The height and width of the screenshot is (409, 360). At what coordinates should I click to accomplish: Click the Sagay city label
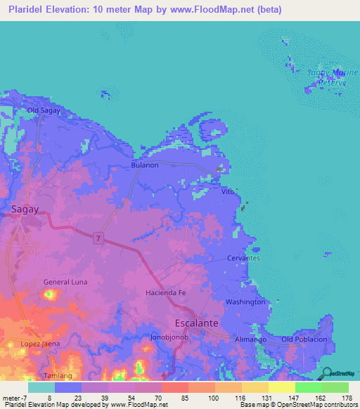26,208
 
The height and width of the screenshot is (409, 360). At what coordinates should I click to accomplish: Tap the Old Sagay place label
44,110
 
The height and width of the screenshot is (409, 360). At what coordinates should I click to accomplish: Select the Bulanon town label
145,165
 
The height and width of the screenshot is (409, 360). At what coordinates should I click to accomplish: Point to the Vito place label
227,191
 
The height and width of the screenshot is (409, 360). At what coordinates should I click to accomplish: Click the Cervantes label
243,258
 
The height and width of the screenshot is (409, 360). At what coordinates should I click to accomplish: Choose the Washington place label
245,301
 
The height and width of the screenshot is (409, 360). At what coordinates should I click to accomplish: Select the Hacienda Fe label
165,292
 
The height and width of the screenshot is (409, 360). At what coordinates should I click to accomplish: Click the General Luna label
65,282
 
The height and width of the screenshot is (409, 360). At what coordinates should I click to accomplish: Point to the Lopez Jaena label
40,344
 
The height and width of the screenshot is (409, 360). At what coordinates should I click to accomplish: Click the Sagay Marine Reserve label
327,77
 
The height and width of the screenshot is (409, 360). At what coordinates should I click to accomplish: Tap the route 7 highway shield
99,239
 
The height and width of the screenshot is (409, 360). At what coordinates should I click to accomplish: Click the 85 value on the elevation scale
184,398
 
